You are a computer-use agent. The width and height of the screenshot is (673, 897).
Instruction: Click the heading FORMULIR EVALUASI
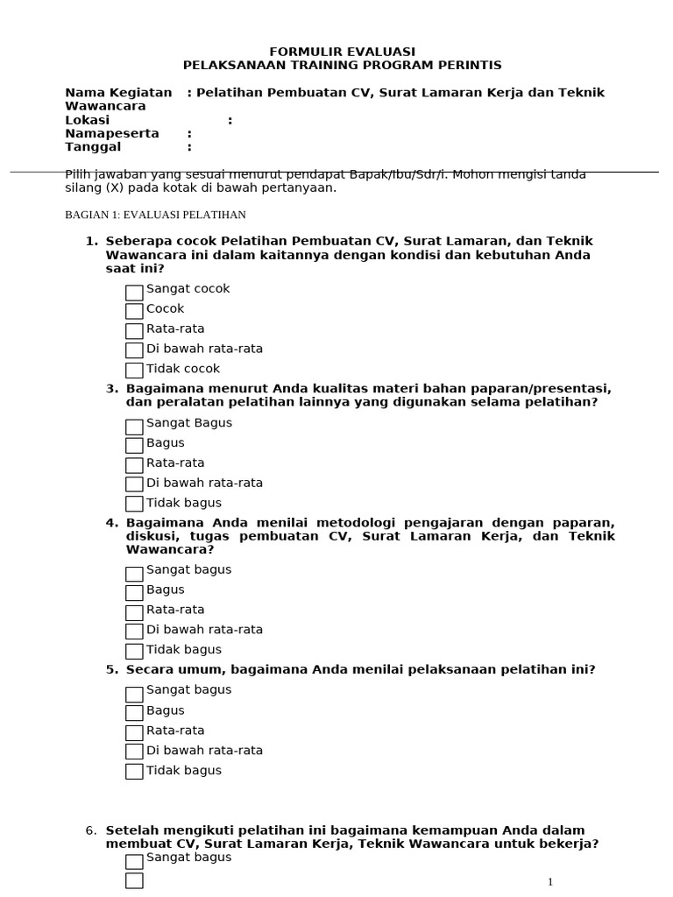343,52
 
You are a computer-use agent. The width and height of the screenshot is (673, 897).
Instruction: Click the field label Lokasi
88,120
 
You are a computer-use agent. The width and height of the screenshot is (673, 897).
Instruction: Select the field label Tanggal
93,147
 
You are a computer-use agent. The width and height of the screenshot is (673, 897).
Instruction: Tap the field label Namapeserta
112,133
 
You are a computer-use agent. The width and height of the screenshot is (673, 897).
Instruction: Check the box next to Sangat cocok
134,293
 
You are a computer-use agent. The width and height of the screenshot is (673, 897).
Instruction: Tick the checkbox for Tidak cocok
134,371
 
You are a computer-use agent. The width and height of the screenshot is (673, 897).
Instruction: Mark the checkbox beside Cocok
134,312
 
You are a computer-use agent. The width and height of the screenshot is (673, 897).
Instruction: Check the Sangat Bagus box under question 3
134,427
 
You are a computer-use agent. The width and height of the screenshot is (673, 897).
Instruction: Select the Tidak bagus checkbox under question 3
134,504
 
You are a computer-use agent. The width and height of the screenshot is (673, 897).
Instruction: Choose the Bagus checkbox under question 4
134,593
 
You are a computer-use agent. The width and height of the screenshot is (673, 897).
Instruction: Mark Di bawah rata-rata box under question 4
134,632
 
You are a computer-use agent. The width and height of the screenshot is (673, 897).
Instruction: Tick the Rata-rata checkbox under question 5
134,732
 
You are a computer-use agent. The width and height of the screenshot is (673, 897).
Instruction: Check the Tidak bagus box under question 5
134,772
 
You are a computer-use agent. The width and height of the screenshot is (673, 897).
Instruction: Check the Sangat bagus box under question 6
134,862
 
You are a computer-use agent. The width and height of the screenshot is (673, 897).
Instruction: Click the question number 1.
91,241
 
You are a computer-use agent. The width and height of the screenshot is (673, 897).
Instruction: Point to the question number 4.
111,523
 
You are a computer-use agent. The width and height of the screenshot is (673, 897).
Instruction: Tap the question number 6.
91,830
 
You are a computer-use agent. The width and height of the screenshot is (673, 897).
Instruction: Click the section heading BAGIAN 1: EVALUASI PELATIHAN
156,215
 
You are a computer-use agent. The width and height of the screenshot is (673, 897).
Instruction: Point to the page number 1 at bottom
550,882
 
